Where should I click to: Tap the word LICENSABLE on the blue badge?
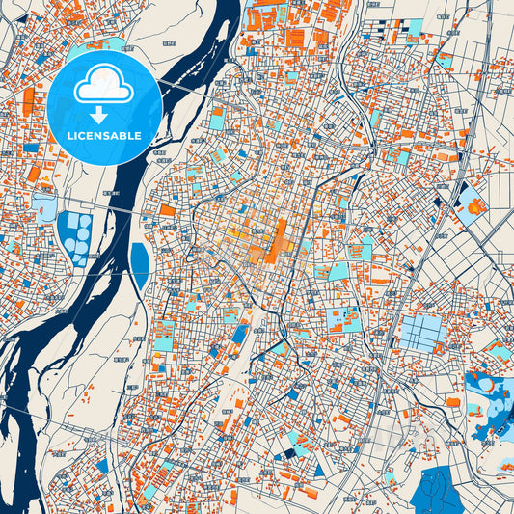(x=103, y=135)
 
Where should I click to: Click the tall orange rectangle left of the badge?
(x=28, y=100)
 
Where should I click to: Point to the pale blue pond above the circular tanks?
(x=43, y=203)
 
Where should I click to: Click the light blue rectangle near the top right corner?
(x=414, y=26)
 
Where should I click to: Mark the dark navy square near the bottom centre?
(x=285, y=455)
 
